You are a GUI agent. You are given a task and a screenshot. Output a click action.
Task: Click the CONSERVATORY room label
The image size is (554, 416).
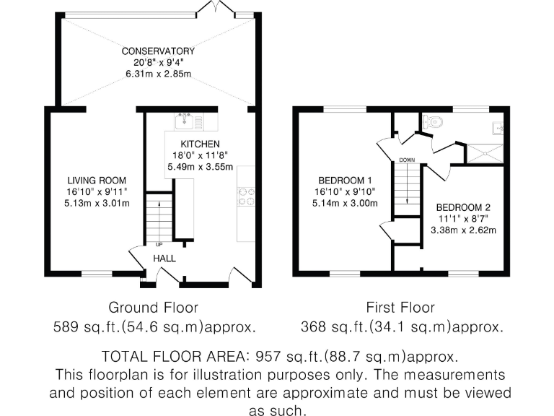pyautogui.click(x=158, y=51)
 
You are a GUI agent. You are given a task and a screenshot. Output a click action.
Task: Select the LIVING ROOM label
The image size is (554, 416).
pyautogui.click(x=97, y=180)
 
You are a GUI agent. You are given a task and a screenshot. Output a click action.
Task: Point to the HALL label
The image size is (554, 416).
pyautogui.click(x=164, y=258)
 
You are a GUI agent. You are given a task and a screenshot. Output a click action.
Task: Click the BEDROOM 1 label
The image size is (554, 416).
pyautogui.click(x=345, y=180)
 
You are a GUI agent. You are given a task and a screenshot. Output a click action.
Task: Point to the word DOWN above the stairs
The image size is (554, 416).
pyautogui.click(x=406, y=160)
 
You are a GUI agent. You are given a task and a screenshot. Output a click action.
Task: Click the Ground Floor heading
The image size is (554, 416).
pyautogui.click(x=153, y=308)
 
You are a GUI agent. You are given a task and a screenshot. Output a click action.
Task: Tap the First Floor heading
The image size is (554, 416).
pyautogui.click(x=401, y=308)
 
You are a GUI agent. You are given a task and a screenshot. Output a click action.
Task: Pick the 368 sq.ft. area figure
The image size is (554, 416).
pyautogui.click(x=329, y=327)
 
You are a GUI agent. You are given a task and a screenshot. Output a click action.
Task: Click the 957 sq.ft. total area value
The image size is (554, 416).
pyautogui.click(x=285, y=357)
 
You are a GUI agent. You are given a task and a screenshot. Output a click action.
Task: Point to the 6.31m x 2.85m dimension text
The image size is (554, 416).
pyautogui.click(x=158, y=74)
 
